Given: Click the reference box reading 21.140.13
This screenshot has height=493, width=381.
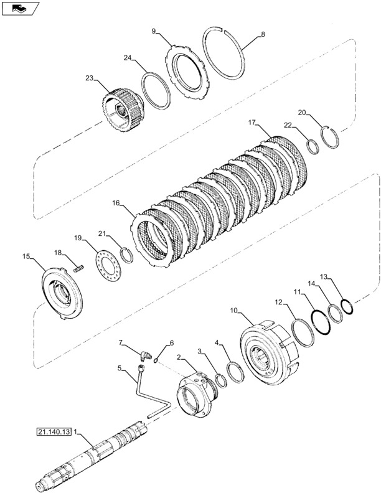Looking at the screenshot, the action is point(54,432).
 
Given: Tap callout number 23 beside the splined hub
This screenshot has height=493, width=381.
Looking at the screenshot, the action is point(90,78).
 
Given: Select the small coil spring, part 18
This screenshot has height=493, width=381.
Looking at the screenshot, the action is point(79,269).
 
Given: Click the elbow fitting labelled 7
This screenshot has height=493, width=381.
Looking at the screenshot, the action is point(146,355).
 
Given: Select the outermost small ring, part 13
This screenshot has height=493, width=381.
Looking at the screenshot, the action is point(347,306).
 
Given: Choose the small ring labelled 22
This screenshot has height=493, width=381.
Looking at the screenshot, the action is point(313,147).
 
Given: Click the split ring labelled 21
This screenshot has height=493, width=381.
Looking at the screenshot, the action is point(127,255).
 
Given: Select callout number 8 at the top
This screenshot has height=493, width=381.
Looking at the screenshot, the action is point(263,34).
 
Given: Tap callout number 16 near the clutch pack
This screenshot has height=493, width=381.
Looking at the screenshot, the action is point(116,203).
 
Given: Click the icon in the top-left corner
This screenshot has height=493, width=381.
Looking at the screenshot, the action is point(20,8).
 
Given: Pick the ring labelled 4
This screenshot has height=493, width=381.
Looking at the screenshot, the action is point(236,372).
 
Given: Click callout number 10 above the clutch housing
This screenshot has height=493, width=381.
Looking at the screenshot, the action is point(233,311).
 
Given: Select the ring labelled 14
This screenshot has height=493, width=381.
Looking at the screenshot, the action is point(336,314).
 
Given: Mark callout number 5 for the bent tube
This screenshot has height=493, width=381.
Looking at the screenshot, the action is point(120,368).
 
